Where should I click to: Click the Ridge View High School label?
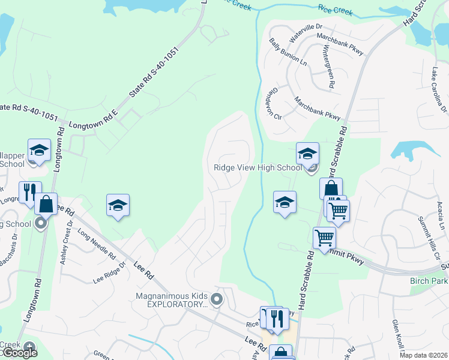click(258, 168)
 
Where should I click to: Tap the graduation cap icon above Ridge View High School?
click(307, 154)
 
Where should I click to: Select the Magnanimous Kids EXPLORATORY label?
click(172, 299)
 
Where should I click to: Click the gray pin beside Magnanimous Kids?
click(218, 299)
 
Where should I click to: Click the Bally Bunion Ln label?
click(280, 52)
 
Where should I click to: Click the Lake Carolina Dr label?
click(438, 89)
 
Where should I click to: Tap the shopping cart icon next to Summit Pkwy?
click(325, 238)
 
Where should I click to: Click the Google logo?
click(20, 353)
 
